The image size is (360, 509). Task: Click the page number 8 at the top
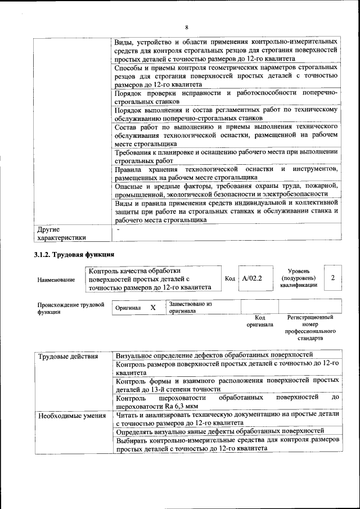tap(186, 27)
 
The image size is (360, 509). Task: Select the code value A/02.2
tap(252, 278)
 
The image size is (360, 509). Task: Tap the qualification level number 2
tap(333, 278)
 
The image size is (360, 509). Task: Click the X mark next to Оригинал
tap(152, 308)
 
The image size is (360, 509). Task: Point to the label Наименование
tap(56, 280)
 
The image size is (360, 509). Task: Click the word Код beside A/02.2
tap(229, 278)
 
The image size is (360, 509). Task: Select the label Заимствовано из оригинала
tap(190, 307)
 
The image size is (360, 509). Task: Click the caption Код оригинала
tap(259, 321)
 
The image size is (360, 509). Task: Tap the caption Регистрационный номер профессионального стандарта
tap(309, 328)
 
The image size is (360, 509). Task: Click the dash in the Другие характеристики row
tap(118, 229)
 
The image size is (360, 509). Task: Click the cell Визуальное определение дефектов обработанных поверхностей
tap(214, 356)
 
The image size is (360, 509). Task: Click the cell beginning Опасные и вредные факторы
tap(226, 190)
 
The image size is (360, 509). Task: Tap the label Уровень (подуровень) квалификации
tap(298, 278)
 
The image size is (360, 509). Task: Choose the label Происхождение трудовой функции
tap(70, 308)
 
